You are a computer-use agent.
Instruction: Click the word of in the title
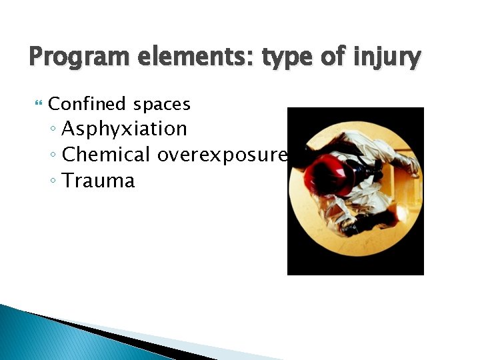pyautogui.click(x=333, y=57)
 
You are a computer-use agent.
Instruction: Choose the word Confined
pyautogui.click(x=87, y=104)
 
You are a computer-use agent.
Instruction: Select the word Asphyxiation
pyautogui.click(x=124, y=129)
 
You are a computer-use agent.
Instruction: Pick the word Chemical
pyautogui.click(x=106, y=155)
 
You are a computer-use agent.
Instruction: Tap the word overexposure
pyautogui.click(x=222, y=155)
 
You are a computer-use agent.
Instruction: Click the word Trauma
pyautogui.click(x=98, y=181)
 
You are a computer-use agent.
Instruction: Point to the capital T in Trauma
pyautogui.click(x=68, y=180)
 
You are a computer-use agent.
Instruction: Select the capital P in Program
pyautogui.click(x=37, y=57)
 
